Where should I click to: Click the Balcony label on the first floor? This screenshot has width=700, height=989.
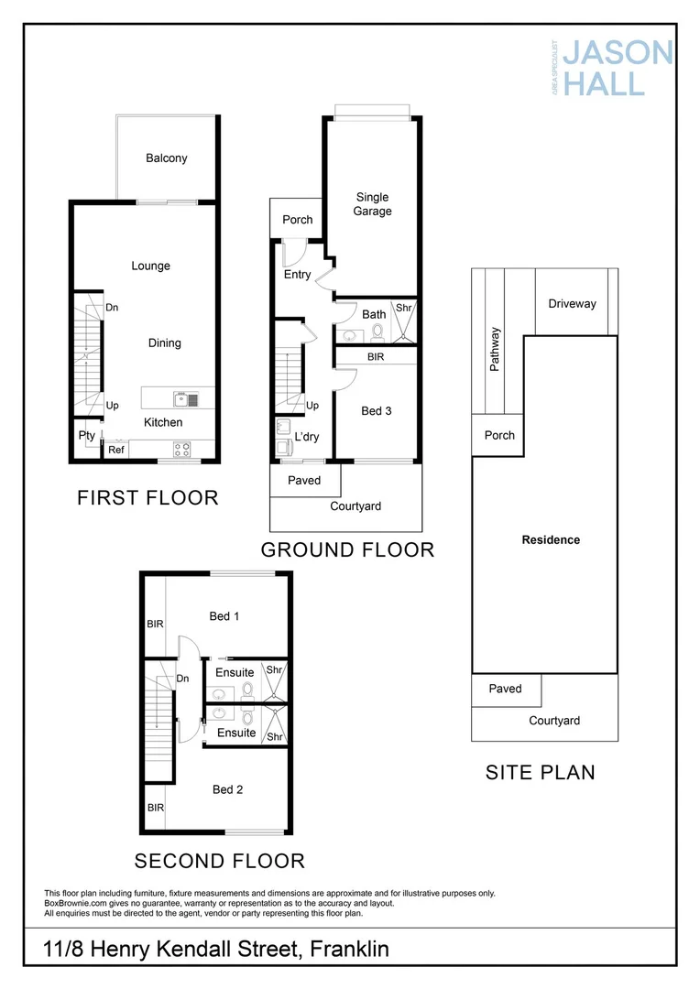[x=166, y=158]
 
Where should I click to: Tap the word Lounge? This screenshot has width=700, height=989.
[x=150, y=266]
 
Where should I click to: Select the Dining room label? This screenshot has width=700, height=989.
[x=164, y=342]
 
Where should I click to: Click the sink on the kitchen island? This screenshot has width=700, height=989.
[x=182, y=397]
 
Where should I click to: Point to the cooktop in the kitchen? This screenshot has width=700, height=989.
[x=182, y=449]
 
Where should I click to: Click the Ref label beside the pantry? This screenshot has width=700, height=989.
[x=116, y=450]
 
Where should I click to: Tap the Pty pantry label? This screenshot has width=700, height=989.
[x=87, y=435]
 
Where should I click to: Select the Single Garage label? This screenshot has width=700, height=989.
[x=373, y=203]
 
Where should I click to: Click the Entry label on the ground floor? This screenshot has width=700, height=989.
[x=298, y=274]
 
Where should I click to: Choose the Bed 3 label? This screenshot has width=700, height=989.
[x=376, y=410]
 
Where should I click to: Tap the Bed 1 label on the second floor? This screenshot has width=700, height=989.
[x=224, y=615]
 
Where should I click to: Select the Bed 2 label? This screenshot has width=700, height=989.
[x=227, y=788]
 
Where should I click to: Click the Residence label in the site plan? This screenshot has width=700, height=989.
[x=551, y=539]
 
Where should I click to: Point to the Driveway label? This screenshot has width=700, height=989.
[x=572, y=303]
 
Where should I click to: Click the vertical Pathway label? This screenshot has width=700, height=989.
[x=495, y=349]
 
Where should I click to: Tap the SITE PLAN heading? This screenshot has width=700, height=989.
[x=540, y=772]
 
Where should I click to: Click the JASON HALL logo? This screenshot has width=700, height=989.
[x=617, y=67]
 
